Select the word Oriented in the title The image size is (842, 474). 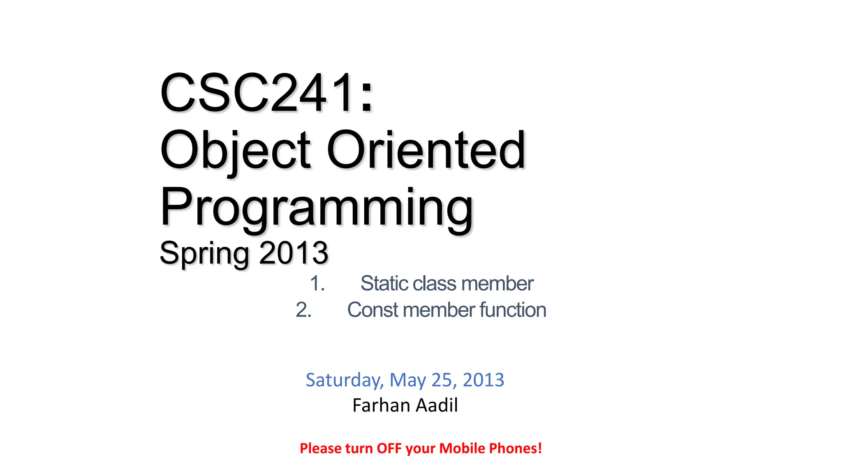[x=426, y=150]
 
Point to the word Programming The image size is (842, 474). [x=317, y=208]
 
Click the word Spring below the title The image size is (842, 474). [x=204, y=253]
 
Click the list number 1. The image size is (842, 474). [x=317, y=283]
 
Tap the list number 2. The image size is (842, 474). [x=303, y=310]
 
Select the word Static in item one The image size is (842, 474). [x=384, y=283]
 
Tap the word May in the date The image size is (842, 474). [x=407, y=380]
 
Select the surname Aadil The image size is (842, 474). [x=437, y=405]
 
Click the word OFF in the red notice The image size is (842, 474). [x=389, y=448]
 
